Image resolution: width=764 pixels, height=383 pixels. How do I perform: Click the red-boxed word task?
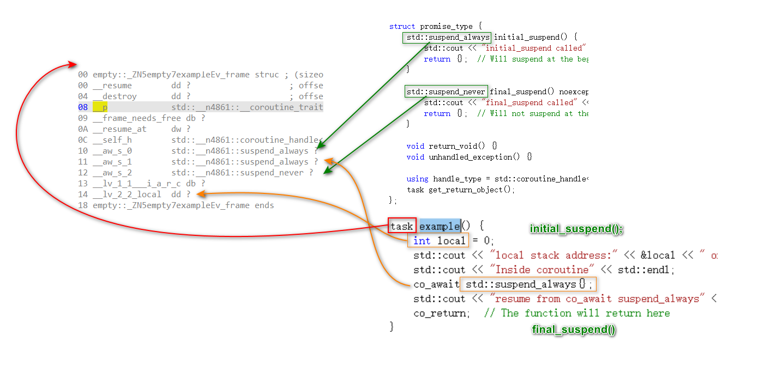[402, 226]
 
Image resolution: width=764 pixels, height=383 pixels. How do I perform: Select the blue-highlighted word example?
[440, 226]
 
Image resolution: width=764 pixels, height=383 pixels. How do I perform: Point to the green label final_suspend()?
[574, 330]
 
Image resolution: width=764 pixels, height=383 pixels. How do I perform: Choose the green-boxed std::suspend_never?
[446, 92]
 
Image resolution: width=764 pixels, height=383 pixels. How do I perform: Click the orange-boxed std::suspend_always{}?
[528, 284]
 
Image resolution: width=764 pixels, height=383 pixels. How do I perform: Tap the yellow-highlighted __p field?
[100, 107]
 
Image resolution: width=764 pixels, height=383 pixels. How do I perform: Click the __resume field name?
[112, 86]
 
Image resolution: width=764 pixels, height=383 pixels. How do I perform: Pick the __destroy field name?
[115, 96]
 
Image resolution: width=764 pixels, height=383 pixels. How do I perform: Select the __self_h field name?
[112, 140]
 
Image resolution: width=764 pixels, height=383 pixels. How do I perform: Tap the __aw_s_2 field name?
[112, 173]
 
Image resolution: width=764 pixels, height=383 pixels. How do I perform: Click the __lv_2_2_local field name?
[127, 194]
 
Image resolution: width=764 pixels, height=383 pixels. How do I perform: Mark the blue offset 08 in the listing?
[83, 107]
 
